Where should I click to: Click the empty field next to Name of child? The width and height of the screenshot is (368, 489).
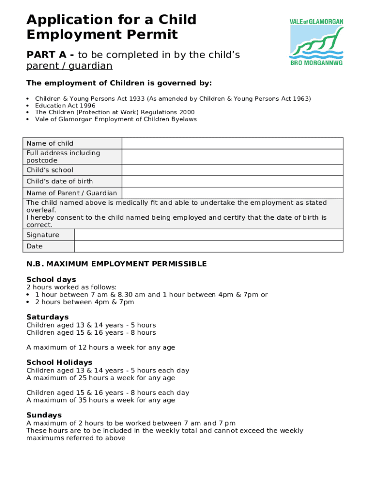tap(232, 143)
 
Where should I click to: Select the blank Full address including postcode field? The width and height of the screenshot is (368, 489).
tap(232, 157)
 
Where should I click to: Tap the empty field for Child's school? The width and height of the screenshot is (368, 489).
tap(232, 170)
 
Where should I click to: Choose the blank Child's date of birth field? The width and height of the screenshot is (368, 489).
tap(232, 181)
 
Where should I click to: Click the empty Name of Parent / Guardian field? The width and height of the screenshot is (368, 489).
tap(232, 193)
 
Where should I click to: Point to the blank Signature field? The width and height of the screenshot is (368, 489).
tap(208, 235)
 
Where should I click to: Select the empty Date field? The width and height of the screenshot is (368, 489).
tap(208, 246)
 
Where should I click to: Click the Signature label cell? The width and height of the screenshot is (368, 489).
tap(48, 235)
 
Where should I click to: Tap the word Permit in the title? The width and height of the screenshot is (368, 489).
tap(150, 35)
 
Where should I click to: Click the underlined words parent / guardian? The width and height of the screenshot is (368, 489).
tap(69, 66)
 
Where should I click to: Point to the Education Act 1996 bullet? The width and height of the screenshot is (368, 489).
tap(65, 106)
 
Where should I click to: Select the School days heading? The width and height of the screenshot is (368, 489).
tap(51, 279)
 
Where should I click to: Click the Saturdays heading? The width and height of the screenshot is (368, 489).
tap(47, 317)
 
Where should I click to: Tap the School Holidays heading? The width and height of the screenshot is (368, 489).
tap(59, 362)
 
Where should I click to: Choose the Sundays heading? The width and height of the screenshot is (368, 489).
tap(44, 415)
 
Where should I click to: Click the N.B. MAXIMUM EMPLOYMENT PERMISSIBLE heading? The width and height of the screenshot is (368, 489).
tap(117, 264)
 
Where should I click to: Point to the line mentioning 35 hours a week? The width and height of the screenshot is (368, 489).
tap(101, 400)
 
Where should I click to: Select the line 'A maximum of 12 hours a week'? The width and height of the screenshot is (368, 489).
tap(101, 348)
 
